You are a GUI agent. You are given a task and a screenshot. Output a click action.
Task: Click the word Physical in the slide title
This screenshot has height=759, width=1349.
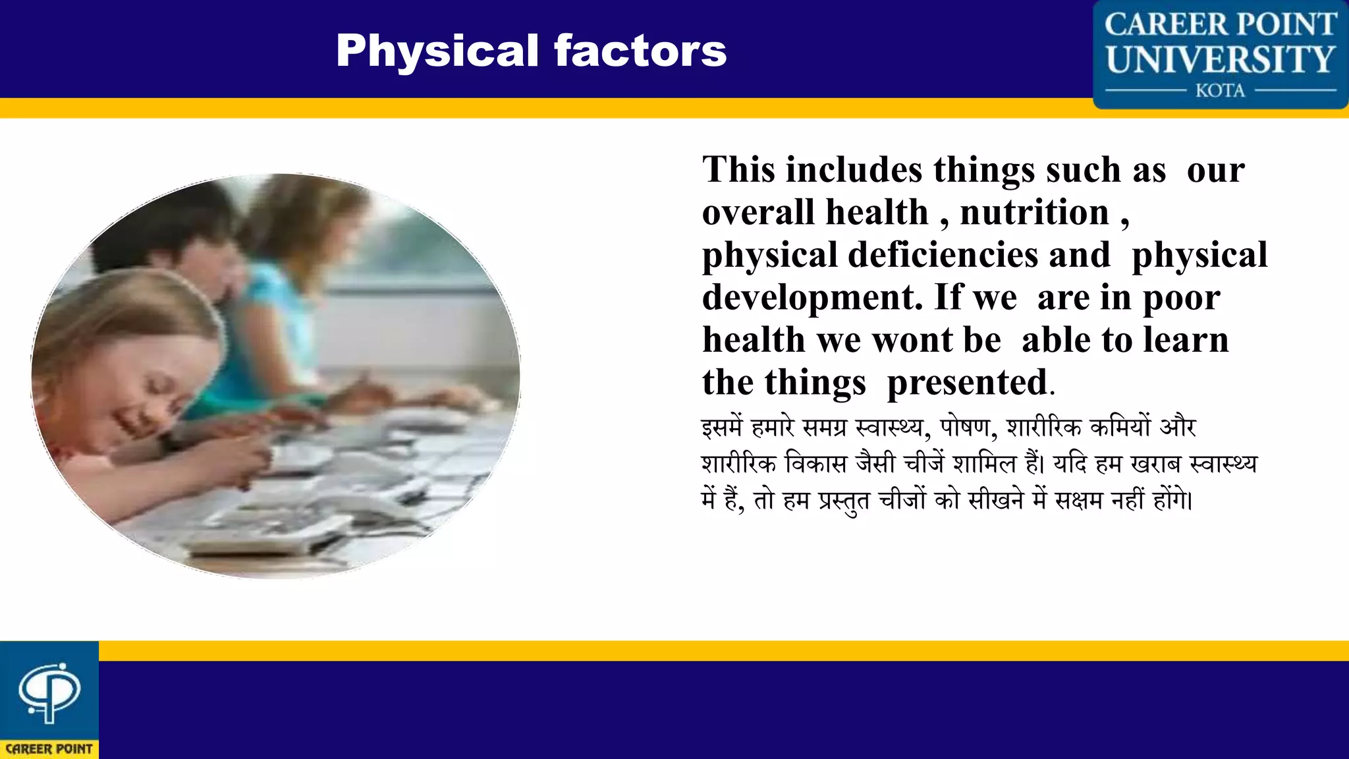(x=437, y=51)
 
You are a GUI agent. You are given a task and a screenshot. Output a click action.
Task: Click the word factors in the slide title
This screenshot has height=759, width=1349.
(x=640, y=51)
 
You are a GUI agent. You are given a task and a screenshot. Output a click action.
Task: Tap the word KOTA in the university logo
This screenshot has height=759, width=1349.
(x=1220, y=90)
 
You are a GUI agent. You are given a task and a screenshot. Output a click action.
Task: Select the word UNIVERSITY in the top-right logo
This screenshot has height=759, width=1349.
(x=1220, y=59)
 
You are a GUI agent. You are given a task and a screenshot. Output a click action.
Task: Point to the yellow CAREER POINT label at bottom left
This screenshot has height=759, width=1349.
(x=49, y=749)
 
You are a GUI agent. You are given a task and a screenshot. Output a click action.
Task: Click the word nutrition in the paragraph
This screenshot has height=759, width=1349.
(x=1034, y=213)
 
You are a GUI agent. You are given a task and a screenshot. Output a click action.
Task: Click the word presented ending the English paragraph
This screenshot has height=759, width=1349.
(x=967, y=383)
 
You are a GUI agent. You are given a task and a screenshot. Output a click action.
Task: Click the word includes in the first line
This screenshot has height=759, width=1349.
(x=854, y=170)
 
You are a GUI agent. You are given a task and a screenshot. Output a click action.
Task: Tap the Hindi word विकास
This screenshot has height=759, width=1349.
(x=815, y=464)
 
